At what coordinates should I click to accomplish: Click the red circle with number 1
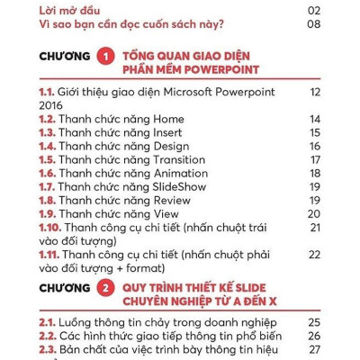coord(105,58)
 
